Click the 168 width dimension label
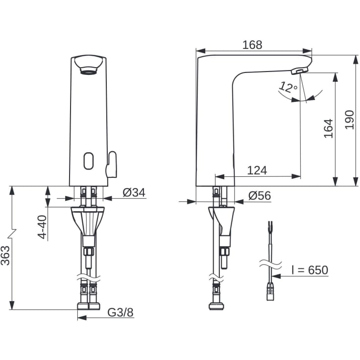(x=252, y=45)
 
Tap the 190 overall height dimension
(x=350, y=120)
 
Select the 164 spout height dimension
(x=328, y=128)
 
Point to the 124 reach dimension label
(x=257, y=170)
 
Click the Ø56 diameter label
(x=260, y=195)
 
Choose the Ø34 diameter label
(x=134, y=192)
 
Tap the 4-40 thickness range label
(x=42, y=227)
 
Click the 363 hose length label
(x=5, y=256)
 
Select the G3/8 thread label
(x=120, y=312)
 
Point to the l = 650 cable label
(x=310, y=270)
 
